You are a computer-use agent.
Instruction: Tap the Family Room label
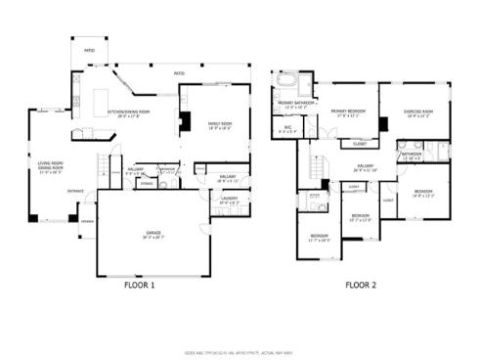coord(218,125)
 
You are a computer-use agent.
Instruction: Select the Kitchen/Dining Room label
coord(128,113)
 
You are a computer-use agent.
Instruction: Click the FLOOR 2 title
coord(361,286)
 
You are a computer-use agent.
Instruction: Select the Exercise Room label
coord(418,112)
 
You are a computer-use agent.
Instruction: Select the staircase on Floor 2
coord(317,166)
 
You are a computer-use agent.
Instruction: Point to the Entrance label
coord(75,191)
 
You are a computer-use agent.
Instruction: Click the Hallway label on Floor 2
coord(366,168)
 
